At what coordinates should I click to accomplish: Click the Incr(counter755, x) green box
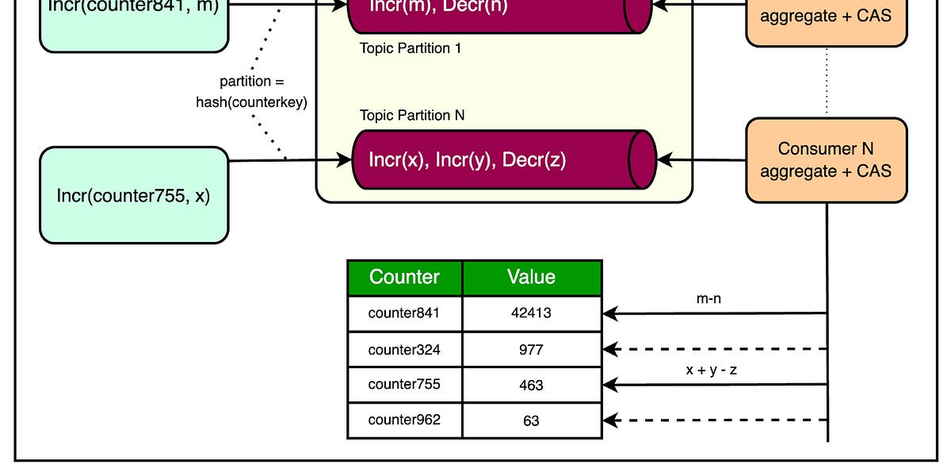134,195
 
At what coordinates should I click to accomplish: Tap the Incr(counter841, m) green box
134,24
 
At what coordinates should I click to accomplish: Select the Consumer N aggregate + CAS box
827,160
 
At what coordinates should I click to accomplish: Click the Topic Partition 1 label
411,48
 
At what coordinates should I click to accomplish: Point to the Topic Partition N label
412,116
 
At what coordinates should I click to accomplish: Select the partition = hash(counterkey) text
252,92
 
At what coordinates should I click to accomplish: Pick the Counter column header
405,278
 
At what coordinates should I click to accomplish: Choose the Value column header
532,278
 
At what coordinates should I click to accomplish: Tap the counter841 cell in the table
405,313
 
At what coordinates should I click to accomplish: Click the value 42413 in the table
532,313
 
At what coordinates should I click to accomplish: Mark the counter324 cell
405,349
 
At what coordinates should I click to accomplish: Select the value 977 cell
532,349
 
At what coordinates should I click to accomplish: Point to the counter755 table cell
405,385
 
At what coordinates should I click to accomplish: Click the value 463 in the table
532,385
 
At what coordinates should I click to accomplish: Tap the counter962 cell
405,420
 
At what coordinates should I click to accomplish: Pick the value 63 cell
532,420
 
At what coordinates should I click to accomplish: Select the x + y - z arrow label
711,370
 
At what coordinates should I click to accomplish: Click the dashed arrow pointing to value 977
713,349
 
